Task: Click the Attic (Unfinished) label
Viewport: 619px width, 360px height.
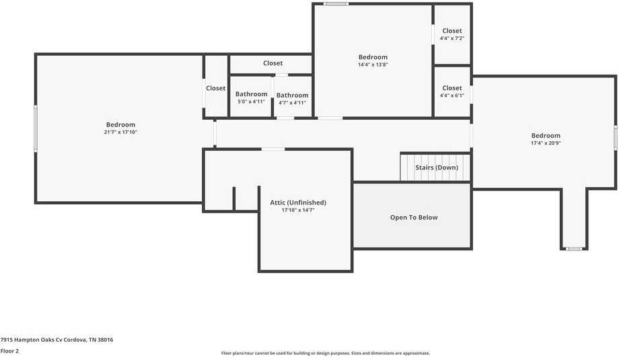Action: click(x=298, y=203)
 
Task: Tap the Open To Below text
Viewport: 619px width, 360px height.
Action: click(x=414, y=217)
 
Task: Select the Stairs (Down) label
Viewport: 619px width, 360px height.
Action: click(x=437, y=168)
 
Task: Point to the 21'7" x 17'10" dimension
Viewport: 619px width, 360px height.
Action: click(x=120, y=133)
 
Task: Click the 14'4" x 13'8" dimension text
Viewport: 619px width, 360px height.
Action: click(x=373, y=65)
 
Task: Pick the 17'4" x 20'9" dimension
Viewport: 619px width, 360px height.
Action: click(x=546, y=143)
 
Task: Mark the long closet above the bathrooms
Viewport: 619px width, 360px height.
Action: click(x=272, y=63)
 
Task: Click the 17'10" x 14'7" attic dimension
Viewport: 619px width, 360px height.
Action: click(x=298, y=211)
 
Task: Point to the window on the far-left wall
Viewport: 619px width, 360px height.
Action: click(x=36, y=129)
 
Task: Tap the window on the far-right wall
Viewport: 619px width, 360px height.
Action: click(x=615, y=137)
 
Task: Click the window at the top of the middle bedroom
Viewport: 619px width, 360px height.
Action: click(x=336, y=4)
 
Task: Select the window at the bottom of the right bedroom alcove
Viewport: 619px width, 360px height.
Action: click(x=573, y=249)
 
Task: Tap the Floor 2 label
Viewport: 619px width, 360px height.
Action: click(x=10, y=351)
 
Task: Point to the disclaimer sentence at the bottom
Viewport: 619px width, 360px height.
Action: click(x=325, y=353)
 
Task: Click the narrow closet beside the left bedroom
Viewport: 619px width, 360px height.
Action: click(x=216, y=88)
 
